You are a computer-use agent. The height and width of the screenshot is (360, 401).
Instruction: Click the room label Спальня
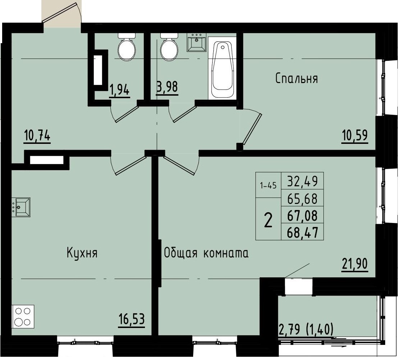[296, 78]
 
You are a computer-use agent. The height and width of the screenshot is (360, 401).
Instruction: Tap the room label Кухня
[82, 253]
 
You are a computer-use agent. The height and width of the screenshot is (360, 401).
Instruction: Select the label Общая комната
[206, 253]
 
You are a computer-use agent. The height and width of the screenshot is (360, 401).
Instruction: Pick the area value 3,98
[167, 87]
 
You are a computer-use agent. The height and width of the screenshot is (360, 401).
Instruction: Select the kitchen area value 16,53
[132, 319]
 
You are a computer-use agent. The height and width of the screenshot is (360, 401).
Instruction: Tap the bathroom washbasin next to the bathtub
[196, 42]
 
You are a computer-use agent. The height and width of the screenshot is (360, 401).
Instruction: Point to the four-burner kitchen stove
[23, 316]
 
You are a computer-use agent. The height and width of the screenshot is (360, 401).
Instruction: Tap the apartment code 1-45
[268, 186]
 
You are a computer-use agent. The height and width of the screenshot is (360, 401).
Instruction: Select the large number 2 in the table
[268, 220]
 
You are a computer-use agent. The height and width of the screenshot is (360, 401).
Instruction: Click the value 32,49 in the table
[302, 181]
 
